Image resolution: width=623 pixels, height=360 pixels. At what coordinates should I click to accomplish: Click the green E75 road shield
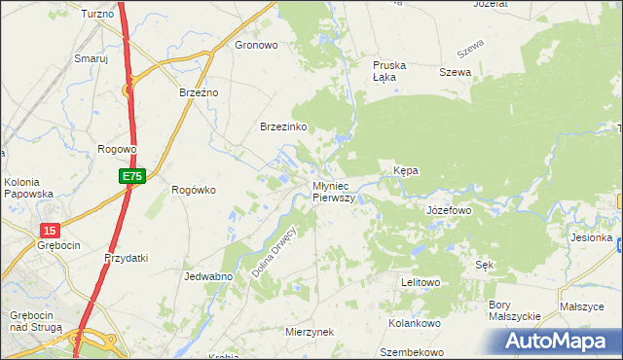(133, 176)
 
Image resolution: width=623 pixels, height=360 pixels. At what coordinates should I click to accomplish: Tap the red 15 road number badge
(51, 230)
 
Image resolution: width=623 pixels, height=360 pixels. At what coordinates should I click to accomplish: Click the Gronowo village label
(257, 45)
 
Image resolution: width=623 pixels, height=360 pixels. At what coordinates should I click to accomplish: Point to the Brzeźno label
(200, 91)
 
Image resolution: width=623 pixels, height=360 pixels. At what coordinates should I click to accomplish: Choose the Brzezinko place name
(284, 127)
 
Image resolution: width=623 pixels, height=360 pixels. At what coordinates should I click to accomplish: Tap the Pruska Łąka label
(389, 72)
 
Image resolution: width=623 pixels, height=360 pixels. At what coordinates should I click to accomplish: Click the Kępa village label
(406, 170)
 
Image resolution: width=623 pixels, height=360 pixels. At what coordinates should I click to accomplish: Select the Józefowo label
(449, 210)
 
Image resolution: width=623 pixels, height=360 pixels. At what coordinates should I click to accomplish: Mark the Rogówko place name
(193, 190)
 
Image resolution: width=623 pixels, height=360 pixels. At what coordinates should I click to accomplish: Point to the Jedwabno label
(207, 276)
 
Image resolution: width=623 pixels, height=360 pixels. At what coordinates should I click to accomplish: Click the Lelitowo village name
(421, 282)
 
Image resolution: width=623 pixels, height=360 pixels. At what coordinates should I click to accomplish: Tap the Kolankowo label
(416, 322)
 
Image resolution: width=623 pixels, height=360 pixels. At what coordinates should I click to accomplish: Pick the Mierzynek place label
(310, 332)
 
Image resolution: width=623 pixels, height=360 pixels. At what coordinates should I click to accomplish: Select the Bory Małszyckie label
(513, 310)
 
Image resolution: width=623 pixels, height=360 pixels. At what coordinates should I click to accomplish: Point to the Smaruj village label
(92, 58)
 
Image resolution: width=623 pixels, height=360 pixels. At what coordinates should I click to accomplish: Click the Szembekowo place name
(412, 352)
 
